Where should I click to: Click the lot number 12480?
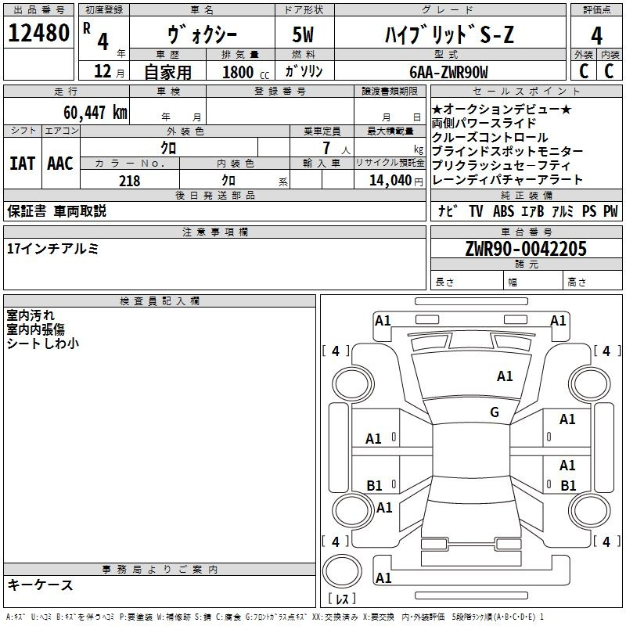point(38,33)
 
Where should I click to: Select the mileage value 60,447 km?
point(95,113)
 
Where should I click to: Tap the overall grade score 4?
point(596,36)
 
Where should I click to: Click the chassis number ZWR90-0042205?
point(526,249)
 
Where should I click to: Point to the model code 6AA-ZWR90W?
point(448,72)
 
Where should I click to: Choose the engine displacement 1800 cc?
point(246,73)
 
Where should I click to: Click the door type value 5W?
point(303,34)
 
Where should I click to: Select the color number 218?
point(130,181)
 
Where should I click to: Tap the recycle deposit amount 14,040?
point(390,181)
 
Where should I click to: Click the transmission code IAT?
point(23,164)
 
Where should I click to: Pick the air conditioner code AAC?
point(60,164)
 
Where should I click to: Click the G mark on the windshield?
point(495,412)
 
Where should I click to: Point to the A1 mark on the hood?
point(505,376)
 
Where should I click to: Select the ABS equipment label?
point(503,211)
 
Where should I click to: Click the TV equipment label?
point(476,211)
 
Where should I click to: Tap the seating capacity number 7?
point(326,148)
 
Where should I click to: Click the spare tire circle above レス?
point(342,571)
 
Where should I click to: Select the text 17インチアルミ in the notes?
point(52,249)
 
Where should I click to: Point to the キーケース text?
point(41,585)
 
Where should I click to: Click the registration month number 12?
point(103,71)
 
